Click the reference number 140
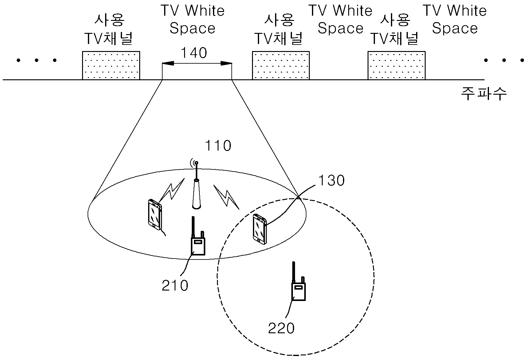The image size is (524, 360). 194,53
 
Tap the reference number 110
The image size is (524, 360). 218,146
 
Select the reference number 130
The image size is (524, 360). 332,180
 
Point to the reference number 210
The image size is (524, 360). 175,286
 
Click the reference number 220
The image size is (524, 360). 281,328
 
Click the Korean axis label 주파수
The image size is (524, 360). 484,94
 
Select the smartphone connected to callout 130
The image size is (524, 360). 260,229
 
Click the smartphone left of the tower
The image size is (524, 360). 155,214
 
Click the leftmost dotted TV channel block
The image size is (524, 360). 111,65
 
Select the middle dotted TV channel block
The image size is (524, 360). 281,65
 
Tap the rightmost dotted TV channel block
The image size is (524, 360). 396,65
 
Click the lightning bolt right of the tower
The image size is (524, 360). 226,197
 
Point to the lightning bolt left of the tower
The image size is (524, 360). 172,191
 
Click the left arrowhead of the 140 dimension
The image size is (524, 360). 168,63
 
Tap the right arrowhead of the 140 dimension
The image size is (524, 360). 226,63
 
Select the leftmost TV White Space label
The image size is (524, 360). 192,19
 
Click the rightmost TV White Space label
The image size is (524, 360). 455,19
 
